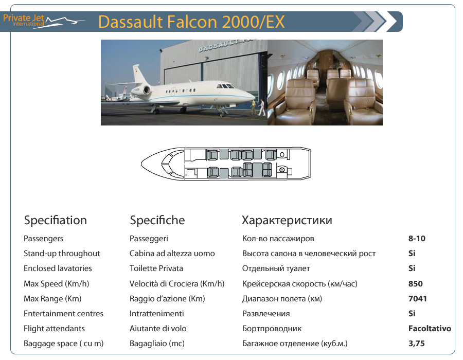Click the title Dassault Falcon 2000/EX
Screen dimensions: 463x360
[191, 22]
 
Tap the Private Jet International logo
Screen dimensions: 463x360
[43, 21]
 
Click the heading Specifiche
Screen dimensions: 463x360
[157, 221]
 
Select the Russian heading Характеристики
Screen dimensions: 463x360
[287, 221]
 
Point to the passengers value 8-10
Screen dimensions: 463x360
[417, 239]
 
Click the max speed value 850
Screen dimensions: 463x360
[416, 283]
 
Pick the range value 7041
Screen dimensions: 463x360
[418, 299]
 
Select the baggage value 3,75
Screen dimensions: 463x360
[416, 344]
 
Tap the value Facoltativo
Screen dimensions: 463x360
[430, 329]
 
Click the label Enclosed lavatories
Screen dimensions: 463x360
[58, 268]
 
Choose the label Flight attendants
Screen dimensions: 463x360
[54, 329]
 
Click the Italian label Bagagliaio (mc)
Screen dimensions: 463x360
[157, 344]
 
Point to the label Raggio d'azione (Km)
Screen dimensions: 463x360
[167, 299]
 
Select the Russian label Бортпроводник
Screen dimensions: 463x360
[272, 329]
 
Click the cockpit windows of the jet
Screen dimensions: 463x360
[226, 86]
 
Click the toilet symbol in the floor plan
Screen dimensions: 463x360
[282, 169]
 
